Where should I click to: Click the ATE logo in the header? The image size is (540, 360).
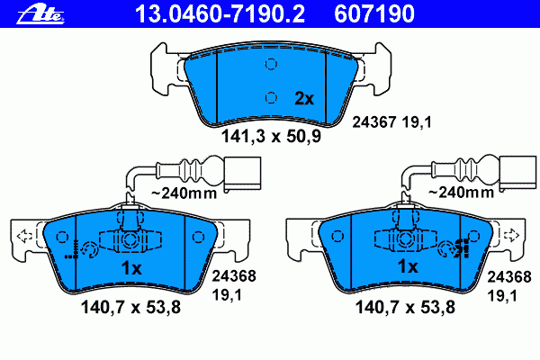40,14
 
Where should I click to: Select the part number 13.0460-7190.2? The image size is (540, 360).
220,13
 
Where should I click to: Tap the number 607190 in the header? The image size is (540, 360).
374,13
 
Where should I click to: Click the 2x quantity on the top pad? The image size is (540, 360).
304,98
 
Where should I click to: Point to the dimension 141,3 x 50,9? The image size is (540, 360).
271,136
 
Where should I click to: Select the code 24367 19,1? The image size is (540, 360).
391,122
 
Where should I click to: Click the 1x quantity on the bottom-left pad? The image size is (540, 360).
131,267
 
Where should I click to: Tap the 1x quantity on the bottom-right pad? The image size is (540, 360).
408,266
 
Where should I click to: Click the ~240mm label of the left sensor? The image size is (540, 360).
184,193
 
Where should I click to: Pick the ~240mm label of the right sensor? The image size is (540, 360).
461,192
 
